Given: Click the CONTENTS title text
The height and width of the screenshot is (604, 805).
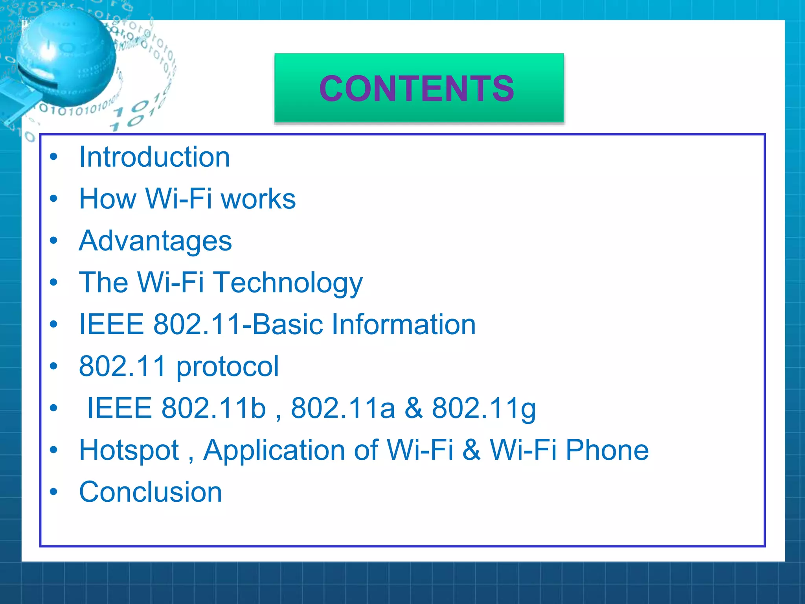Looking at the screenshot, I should [417, 88].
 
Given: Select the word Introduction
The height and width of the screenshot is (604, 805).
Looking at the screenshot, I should [154, 157].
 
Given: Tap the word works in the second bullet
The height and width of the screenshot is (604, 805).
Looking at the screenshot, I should [258, 199].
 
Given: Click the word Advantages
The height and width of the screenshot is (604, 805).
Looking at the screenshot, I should [155, 241].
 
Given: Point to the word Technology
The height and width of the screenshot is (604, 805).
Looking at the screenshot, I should [288, 283].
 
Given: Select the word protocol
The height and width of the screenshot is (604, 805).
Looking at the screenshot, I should [227, 366].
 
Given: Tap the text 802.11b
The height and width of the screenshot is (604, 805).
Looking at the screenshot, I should [214, 408].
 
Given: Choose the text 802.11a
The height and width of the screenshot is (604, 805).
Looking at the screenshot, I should [343, 408].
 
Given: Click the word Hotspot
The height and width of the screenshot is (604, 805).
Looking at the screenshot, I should [129, 450].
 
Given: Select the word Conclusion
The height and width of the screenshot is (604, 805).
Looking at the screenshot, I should [151, 492].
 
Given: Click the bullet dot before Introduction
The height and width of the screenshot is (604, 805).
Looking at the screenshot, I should [54, 157].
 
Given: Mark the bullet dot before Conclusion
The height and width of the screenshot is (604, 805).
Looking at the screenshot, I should [54, 492].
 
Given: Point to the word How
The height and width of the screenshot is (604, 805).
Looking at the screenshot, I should [107, 199].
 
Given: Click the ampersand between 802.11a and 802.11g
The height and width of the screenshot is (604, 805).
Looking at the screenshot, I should [414, 408].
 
